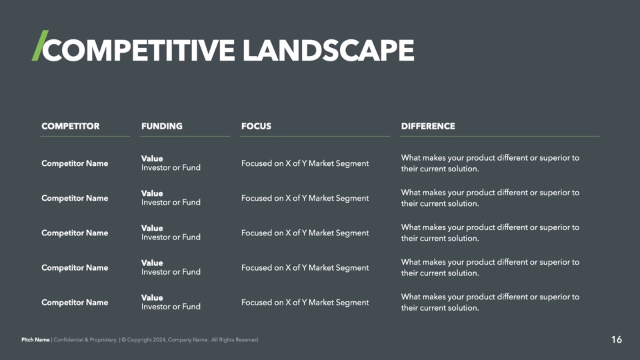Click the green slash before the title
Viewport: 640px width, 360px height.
coord(40,45)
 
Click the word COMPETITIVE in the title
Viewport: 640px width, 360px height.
coord(139,50)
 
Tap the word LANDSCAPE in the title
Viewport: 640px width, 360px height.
coord(329,50)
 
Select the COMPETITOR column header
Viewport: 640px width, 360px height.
coord(70,126)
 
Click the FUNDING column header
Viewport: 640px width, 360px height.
coord(161,126)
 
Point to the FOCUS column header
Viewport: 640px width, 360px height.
coord(256,126)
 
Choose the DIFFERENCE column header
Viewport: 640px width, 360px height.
coord(428,126)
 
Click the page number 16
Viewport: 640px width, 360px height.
coord(616,339)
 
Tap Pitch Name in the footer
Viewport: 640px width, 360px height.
coord(35,339)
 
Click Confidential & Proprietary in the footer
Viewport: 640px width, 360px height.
coord(85,339)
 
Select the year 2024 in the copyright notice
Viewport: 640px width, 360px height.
coord(159,339)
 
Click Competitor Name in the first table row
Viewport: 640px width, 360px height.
coord(75,163)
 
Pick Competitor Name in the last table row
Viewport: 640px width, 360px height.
coord(75,303)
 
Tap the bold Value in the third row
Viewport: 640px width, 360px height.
coord(152,228)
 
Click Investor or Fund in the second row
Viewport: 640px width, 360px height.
coord(171,203)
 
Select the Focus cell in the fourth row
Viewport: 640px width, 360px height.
coord(305,268)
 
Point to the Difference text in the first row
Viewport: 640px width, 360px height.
coord(490,163)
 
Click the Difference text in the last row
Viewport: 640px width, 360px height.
coord(490,303)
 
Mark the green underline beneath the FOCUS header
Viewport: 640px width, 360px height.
coord(315,136)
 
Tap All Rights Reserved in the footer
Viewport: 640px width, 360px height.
coord(235,339)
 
